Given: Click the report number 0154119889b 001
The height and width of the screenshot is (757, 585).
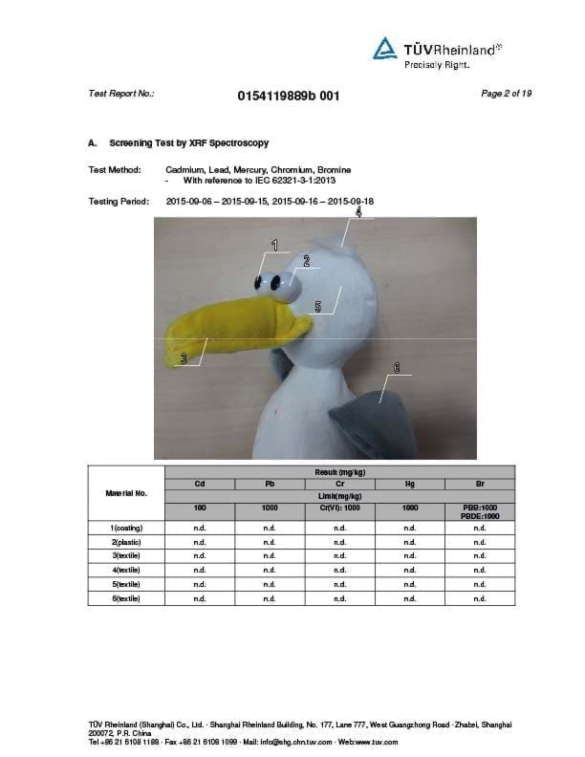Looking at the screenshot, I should point(288,96).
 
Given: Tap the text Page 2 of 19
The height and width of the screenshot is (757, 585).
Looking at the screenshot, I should point(507,94).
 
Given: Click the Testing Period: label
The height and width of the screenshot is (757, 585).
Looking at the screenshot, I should point(118,202).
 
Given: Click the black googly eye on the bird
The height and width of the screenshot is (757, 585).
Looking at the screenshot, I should point(261,282).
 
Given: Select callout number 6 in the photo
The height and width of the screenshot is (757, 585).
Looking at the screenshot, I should point(396,367).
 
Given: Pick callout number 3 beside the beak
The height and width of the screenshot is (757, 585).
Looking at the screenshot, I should point(184,358).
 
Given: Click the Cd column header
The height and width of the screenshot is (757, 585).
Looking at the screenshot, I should point(200,485).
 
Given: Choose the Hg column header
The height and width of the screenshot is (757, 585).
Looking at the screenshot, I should point(410,485).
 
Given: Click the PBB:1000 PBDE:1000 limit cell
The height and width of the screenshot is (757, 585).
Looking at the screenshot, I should point(480,511).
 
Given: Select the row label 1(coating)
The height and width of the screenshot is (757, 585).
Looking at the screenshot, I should point(128,528).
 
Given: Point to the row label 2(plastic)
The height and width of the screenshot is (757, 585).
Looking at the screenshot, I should point(128,542).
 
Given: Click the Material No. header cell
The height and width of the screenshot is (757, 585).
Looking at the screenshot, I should point(128,493).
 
